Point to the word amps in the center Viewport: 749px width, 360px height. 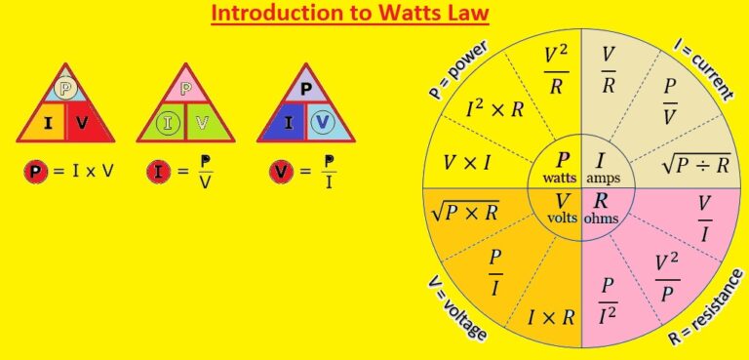pyautogui.click(x=606, y=179)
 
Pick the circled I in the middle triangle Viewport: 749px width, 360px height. pyautogui.click(x=168, y=122)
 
